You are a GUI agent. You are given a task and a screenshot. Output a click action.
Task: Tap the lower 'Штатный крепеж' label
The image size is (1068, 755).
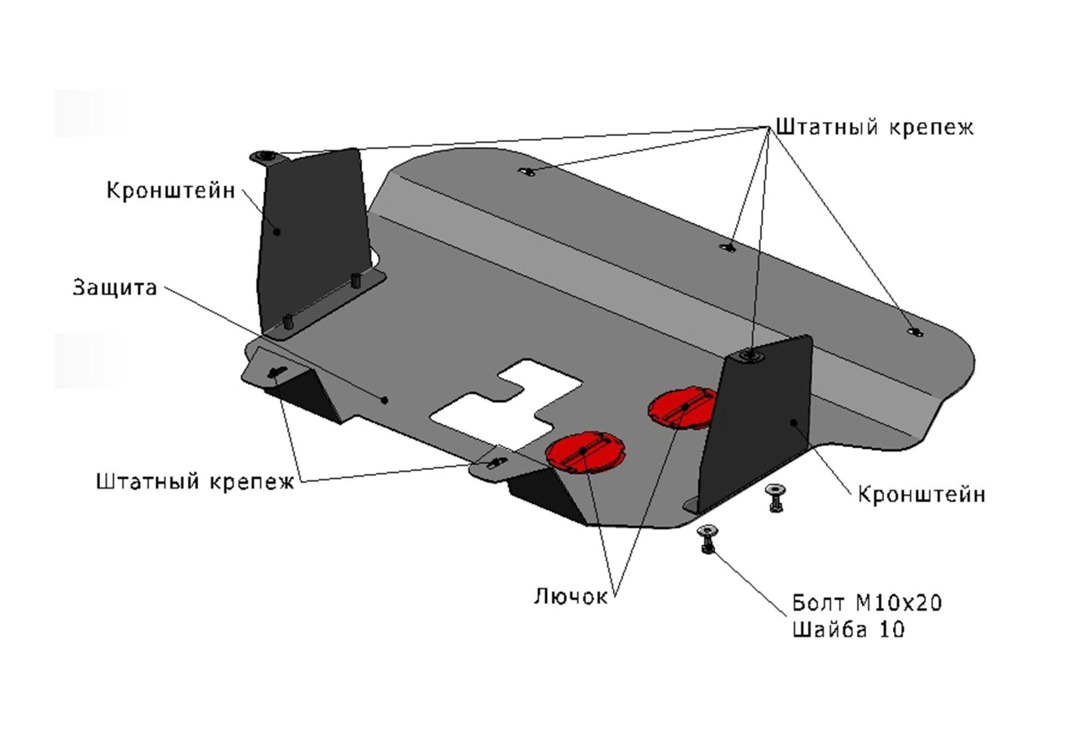click(x=195, y=482)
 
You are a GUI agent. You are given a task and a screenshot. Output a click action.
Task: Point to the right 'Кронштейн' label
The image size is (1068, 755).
click(x=921, y=494)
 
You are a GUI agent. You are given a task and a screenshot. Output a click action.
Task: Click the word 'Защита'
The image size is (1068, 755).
click(x=115, y=288)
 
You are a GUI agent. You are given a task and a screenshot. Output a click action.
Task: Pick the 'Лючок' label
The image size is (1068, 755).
click(x=570, y=596)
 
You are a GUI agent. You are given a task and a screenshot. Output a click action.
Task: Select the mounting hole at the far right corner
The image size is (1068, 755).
click(x=915, y=332)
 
